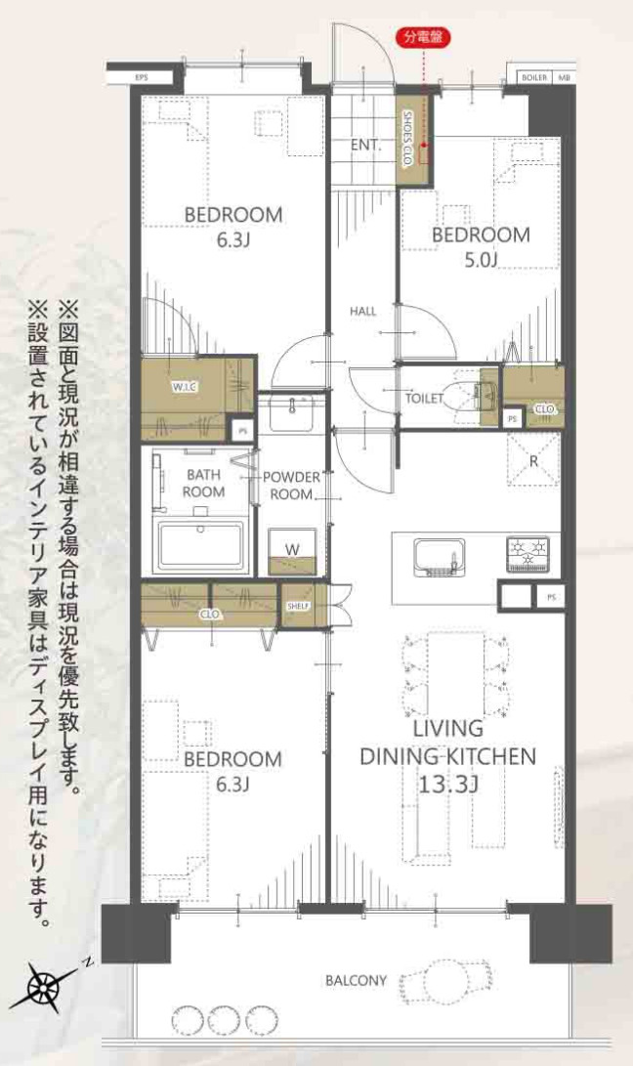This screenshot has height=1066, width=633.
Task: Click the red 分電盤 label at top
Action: point(422,38)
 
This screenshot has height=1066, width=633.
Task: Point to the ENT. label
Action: point(364,146)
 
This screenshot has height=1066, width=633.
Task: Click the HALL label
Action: point(363,312)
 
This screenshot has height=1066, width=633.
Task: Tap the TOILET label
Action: point(425,398)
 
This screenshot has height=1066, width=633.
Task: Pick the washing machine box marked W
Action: point(292,552)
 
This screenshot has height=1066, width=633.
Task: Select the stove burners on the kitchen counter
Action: point(528,554)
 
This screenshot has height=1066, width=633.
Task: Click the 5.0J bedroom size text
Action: point(481,260)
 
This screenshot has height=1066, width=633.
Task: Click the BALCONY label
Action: point(356,980)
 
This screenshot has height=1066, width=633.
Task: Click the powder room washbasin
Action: point(289,413)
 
